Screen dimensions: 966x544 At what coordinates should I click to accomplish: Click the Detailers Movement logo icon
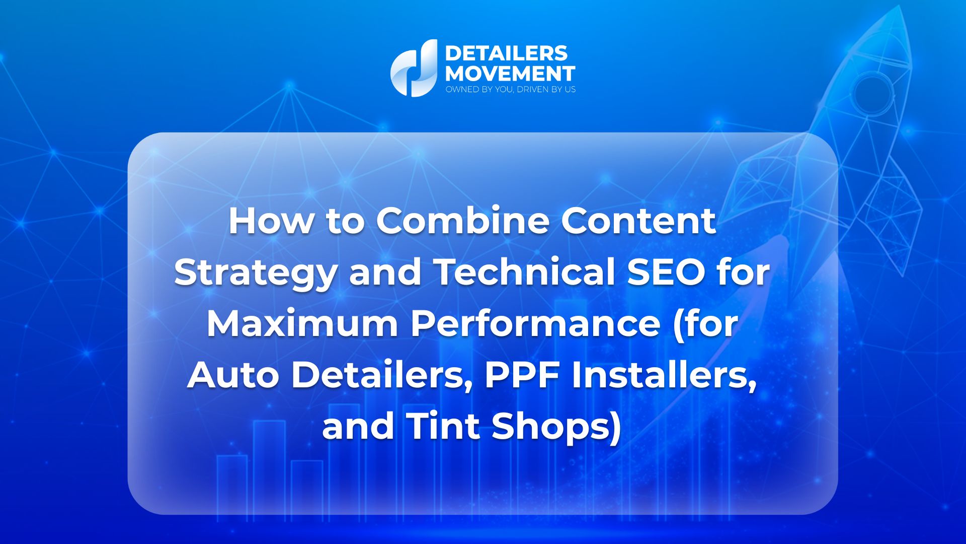pos(414,69)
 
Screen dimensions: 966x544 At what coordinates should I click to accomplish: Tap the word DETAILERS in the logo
pos(506,53)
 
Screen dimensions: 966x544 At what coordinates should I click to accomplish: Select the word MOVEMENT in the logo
pos(510,74)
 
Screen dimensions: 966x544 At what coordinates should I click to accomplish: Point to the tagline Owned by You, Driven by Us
pos(510,90)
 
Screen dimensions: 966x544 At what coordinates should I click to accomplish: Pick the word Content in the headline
pos(638,221)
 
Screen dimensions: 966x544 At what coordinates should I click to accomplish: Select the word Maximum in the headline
pos(302,324)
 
